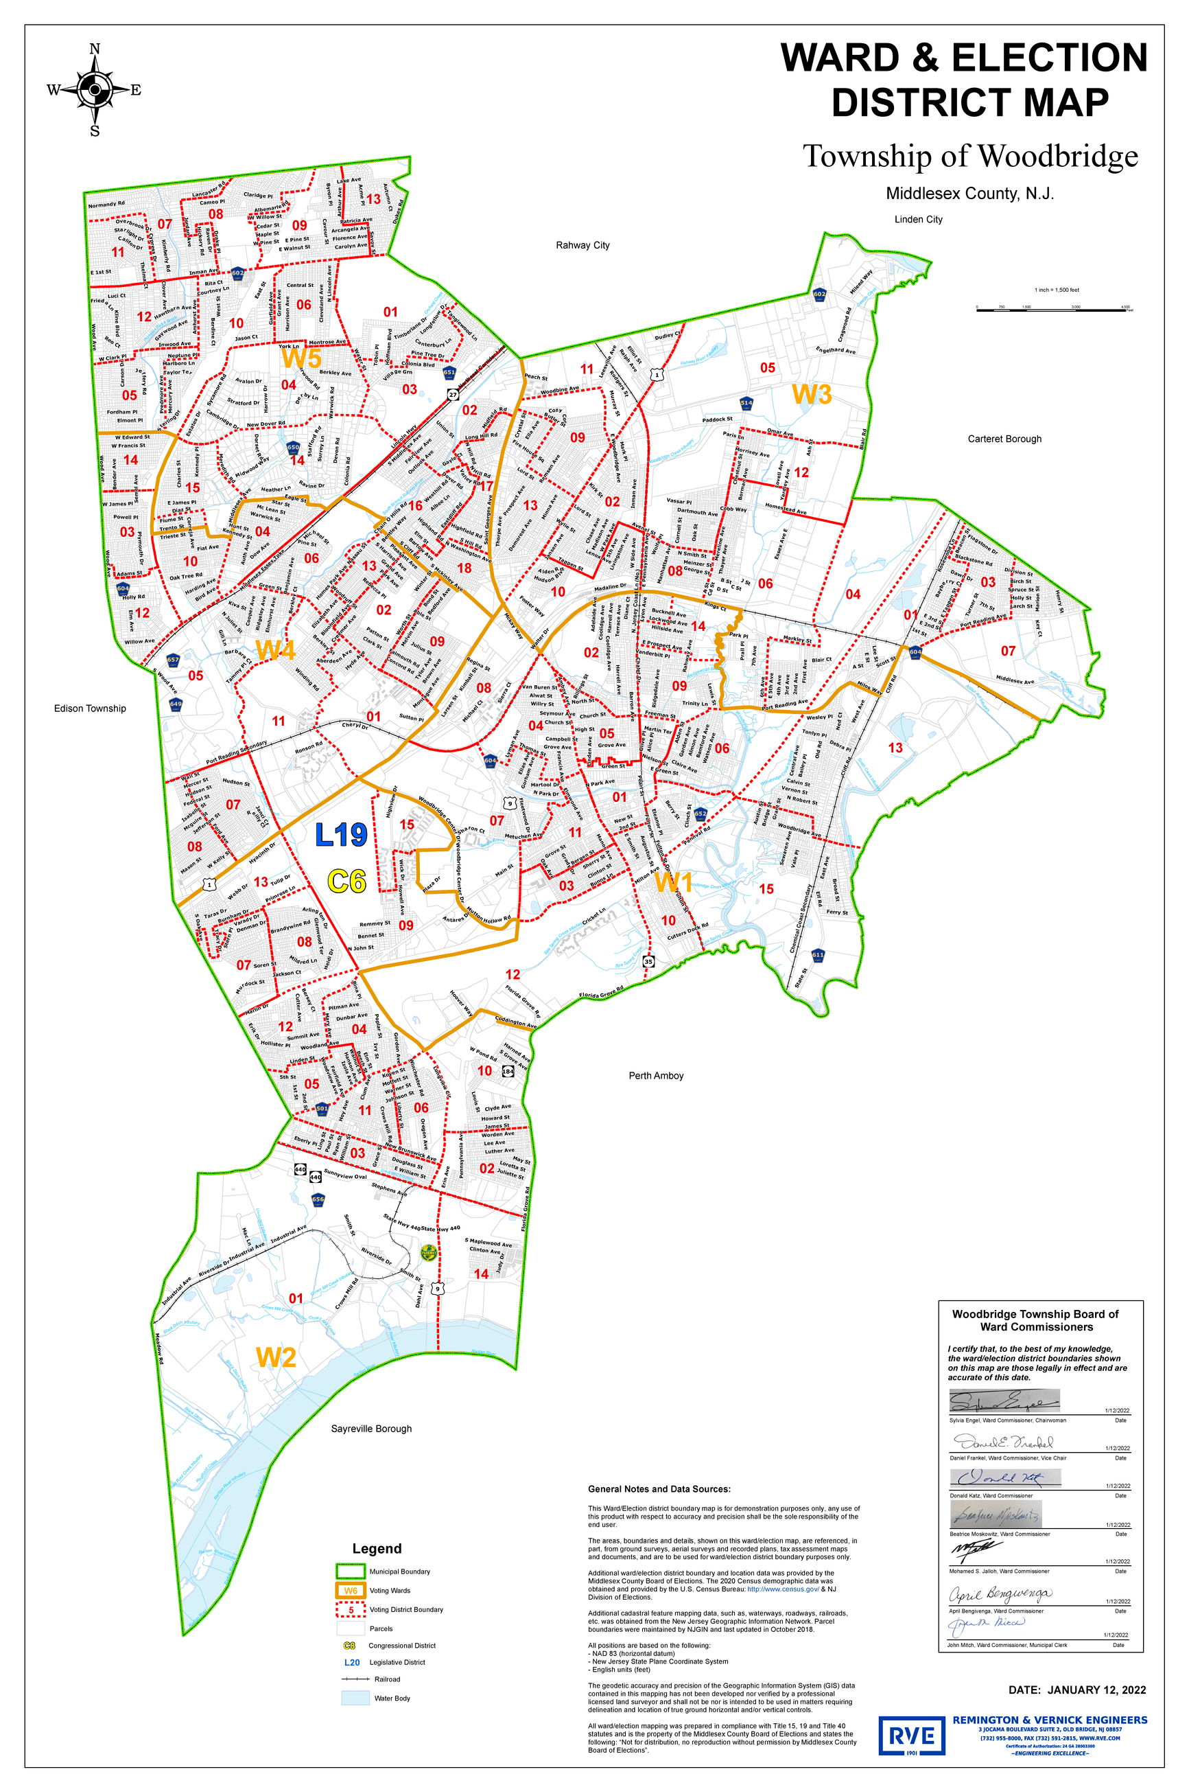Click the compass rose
(94, 89)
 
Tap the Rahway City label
(582, 245)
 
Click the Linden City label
(918, 219)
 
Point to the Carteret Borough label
(1004, 439)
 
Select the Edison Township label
(89, 708)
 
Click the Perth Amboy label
(656, 1075)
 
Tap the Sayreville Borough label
(370, 1428)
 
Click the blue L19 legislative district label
(341, 834)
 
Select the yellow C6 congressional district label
(346, 881)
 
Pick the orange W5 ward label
(301, 356)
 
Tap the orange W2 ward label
(275, 1357)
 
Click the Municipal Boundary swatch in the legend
(351, 1571)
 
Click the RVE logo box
(911, 1735)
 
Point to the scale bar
(1054, 310)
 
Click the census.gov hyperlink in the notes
(783, 1589)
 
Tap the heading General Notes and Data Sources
(659, 1488)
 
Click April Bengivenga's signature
(1000, 1593)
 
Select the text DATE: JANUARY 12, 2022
(1076, 1690)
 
